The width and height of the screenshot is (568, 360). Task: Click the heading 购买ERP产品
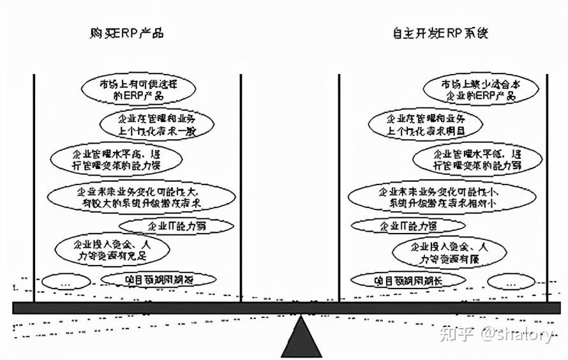(x=127, y=33)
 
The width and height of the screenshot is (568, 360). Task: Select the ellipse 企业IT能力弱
(x=167, y=226)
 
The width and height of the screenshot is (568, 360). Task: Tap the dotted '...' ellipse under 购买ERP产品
(x=66, y=281)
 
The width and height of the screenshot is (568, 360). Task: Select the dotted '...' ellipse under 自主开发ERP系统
(x=511, y=281)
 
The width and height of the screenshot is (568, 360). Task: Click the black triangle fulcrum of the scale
(x=302, y=336)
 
